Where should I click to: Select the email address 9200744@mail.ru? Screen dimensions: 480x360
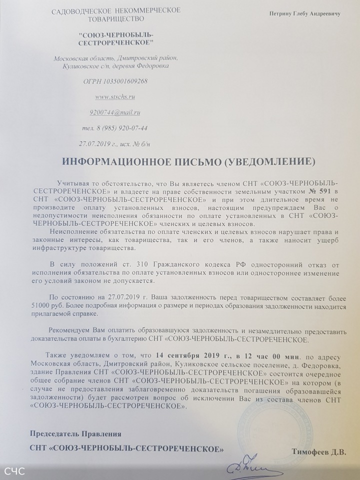pos(115,112)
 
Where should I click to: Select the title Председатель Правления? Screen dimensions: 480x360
pos(75,433)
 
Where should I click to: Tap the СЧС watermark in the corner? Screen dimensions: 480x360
pos(14,471)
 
